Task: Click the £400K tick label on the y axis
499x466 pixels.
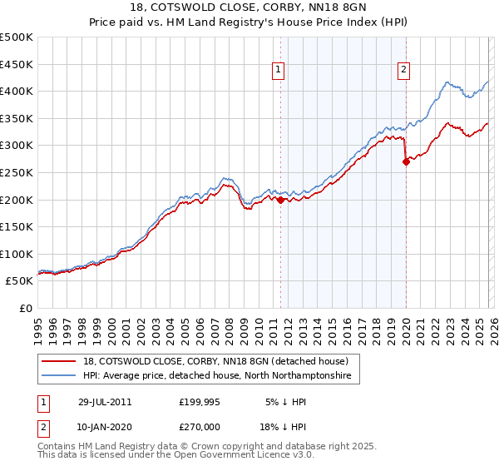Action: pos(17,91)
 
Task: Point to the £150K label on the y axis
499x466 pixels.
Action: pos(17,226)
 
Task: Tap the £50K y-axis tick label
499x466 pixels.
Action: pos(19,281)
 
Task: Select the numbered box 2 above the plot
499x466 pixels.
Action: pos(403,71)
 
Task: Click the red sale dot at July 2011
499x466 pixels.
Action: pos(280,200)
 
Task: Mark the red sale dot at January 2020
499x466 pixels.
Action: pos(406,161)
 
